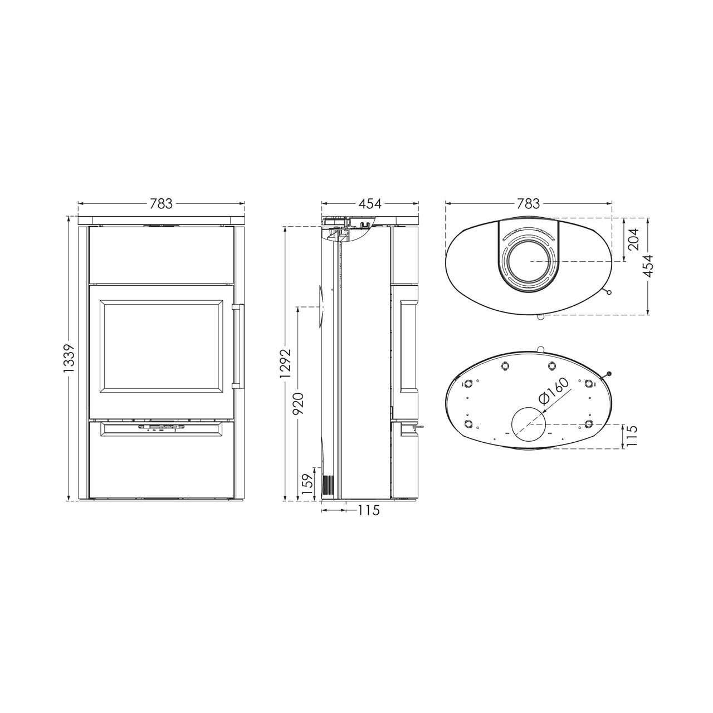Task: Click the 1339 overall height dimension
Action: point(70,359)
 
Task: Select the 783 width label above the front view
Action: point(162,203)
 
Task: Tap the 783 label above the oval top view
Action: point(529,203)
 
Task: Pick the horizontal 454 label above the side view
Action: point(370,203)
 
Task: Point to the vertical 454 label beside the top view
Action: point(648,266)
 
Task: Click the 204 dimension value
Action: point(633,240)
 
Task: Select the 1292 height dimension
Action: point(285,363)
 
